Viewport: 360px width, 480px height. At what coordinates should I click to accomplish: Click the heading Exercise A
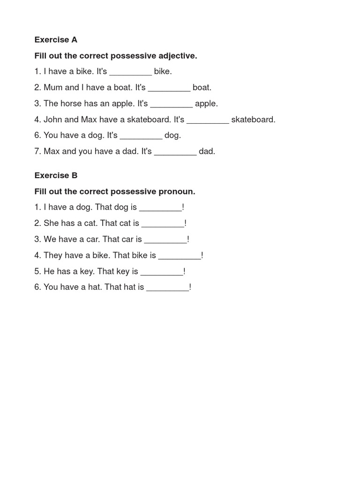click(56, 40)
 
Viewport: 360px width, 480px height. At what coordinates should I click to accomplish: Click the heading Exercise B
click(56, 175)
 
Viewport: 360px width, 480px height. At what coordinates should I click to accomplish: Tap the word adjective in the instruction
click(175, 56)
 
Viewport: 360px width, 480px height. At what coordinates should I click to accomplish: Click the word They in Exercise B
click(53, 255)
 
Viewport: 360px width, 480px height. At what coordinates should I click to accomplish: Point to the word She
click(52, 224)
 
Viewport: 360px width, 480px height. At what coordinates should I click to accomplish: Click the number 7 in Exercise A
click(37, 151)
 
